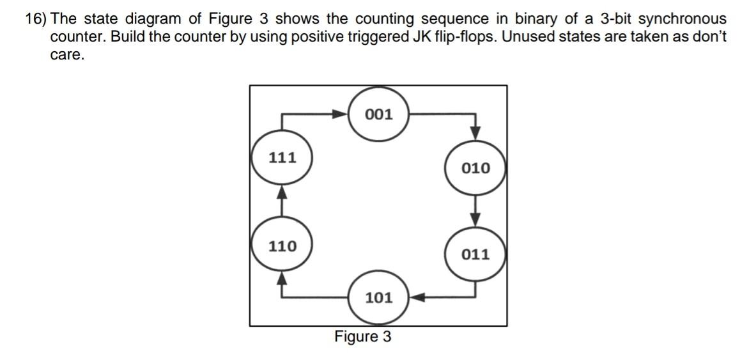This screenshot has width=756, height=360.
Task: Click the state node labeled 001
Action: [x=378, y=115]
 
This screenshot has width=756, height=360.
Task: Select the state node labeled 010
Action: [x=476, y=168]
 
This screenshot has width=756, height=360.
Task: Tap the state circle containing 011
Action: [x=476, y=254]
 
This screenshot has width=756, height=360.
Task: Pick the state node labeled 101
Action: [x=378, y=297]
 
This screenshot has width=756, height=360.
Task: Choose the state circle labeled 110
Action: [x=282, y=246]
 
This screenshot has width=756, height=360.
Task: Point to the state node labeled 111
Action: [x=282, y=157]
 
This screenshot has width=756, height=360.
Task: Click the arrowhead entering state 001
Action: [x=339, y=115]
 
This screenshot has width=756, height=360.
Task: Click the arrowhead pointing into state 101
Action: [x=418, y=297]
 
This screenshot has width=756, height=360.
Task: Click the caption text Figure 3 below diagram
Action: [x=363, y=336]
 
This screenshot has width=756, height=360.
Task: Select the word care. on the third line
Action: [x=67, y=54]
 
